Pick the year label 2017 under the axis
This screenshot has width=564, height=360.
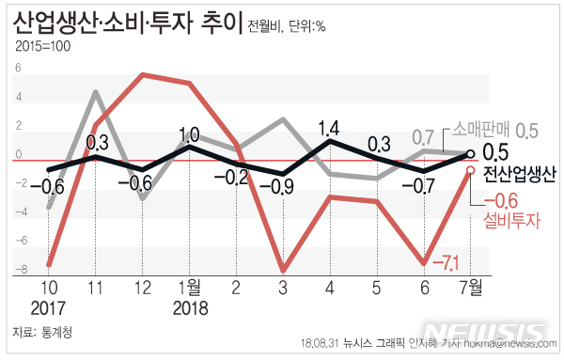click(48, 307)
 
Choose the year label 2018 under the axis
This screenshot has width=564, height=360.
click(189, 307)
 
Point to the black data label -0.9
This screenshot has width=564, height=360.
click(283, 186)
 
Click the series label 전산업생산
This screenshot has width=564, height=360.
click(519, 174)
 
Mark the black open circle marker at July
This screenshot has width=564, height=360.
click(470, 154)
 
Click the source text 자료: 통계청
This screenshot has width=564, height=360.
click(43, 332)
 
